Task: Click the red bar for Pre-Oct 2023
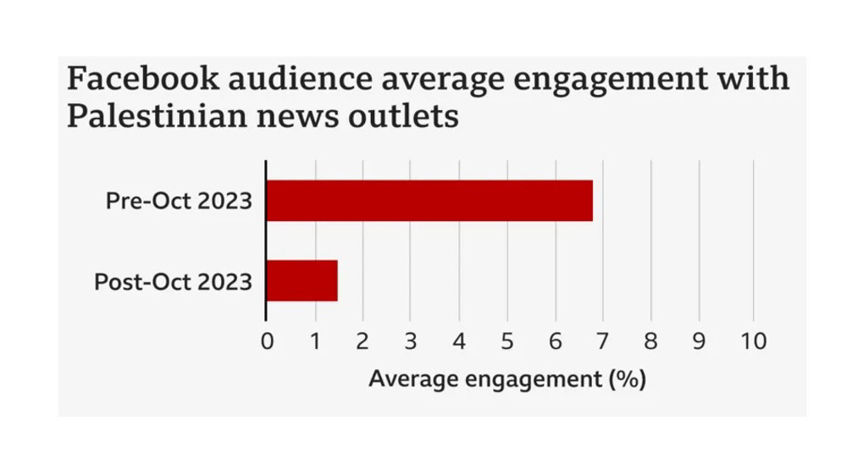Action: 429,201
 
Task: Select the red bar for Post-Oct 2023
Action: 302,280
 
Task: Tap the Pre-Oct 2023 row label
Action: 179,202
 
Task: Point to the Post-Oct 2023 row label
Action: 173,281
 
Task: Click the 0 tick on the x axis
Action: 268,341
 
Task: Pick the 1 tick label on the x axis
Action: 315,341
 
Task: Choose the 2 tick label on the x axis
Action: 363,341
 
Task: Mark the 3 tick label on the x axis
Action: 411,341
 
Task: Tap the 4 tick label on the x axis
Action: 458,341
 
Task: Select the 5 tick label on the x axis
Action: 507,341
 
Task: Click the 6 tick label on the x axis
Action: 555,341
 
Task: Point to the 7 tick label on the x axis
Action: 602,341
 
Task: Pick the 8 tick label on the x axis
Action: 650,341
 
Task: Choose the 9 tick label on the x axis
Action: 699,341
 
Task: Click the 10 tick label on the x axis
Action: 752,341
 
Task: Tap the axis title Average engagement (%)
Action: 507,379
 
